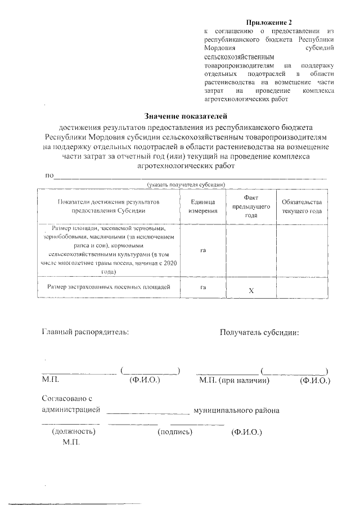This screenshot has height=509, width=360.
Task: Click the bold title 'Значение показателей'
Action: click(185, 116)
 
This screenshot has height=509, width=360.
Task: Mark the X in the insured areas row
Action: click(251, 291)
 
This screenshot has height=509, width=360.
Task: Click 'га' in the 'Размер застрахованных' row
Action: click(202, 288)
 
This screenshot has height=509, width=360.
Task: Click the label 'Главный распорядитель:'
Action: click(85, 331)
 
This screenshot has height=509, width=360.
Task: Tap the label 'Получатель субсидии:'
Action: click(259, 331)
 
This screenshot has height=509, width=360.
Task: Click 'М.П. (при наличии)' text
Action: click(235, 381)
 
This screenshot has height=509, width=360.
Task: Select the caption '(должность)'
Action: click(73, 432)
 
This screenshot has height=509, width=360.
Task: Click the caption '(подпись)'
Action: click(175, 432)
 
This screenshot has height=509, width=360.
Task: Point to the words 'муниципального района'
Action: click(236, 410)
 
